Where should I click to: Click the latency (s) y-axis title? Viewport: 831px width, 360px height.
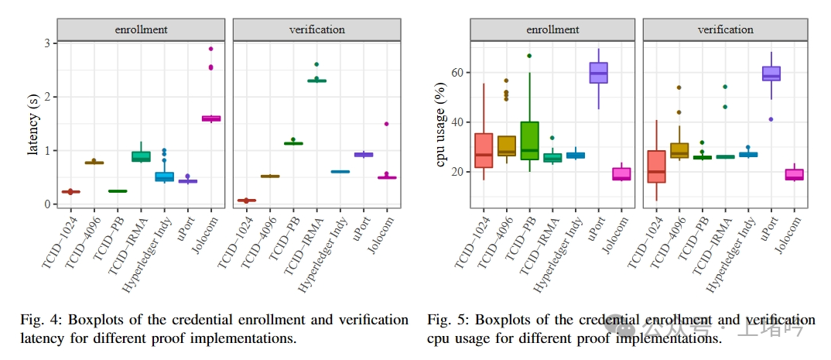(x=33, y=124)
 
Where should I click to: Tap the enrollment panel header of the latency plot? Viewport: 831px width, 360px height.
(x=142, y=29)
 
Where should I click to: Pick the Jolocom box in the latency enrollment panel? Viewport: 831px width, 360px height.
(x=211, y=118)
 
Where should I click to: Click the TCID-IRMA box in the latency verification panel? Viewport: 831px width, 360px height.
(x=316, y=81)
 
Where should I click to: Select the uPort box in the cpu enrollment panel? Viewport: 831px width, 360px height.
(x=598, y=73)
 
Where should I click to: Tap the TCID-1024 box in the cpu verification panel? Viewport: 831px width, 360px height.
(x=656, y=166)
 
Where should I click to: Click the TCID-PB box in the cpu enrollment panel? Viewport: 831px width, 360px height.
(x=529, y=140)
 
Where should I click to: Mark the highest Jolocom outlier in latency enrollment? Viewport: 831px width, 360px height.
(x=210, y=49)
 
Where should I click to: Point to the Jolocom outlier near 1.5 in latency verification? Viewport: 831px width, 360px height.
(x=386, y=124)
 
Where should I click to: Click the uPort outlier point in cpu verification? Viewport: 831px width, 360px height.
(x=771, y=119)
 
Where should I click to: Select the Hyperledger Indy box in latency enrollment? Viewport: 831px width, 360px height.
(x=164, y=177)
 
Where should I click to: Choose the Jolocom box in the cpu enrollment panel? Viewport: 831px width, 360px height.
(x=621, y=174)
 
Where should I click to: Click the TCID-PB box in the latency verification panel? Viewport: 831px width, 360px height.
(x=293, y=143)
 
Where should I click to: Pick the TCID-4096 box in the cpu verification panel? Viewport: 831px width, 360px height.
(x=679, y=150)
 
